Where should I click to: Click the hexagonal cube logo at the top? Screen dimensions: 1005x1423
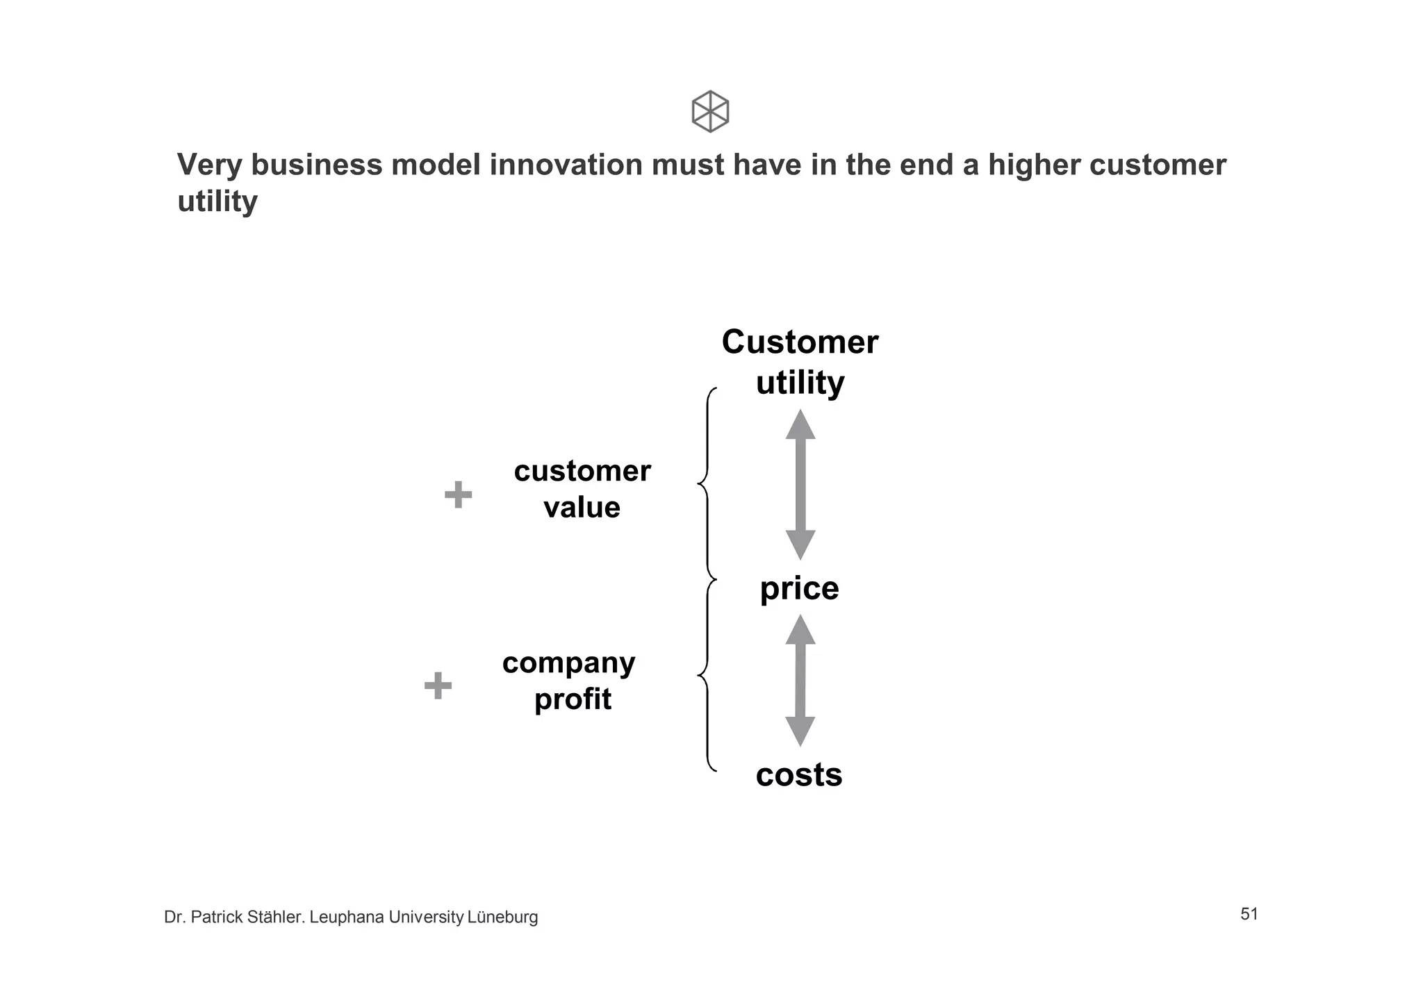click(710, 111)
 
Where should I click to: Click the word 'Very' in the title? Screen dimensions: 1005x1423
click(210, 165)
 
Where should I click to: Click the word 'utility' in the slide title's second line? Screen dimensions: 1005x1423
click(217, 202)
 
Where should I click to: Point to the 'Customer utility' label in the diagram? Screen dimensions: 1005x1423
click(800, 362)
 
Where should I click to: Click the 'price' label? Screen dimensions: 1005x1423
click(799, 588)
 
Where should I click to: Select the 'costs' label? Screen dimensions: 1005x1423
click(799, 774)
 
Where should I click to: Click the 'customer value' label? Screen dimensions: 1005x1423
click(582, 489)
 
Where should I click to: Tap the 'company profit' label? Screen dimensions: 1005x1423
click(569, 681)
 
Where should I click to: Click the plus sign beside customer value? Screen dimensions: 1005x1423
click(458, 495)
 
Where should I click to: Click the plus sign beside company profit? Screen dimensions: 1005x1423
click(438, 686)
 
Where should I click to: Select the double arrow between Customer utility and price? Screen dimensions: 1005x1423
click(800, 485)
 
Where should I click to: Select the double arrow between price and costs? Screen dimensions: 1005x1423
click(800, 681)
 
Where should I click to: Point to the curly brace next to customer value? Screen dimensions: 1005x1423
click(707, 483)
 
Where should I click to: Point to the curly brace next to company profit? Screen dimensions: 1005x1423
click(707, 675)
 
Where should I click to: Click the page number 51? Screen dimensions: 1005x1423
click(1249, 914)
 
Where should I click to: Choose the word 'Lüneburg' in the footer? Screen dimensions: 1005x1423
click(502, 917)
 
